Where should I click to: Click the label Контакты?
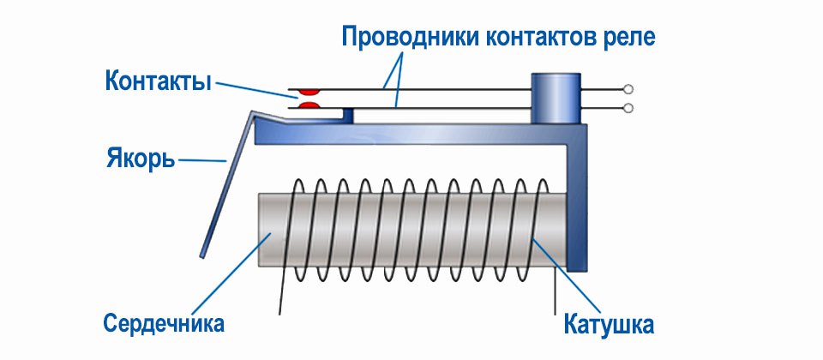(159, 82)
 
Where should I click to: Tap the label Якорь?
(141, 159)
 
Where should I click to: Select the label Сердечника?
(164, 324)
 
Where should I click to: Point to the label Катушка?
(610, 325)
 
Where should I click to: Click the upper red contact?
(308, 89)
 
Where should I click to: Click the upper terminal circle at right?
(629, 89)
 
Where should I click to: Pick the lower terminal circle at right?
(629, 108)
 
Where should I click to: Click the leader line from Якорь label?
(204, 159)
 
